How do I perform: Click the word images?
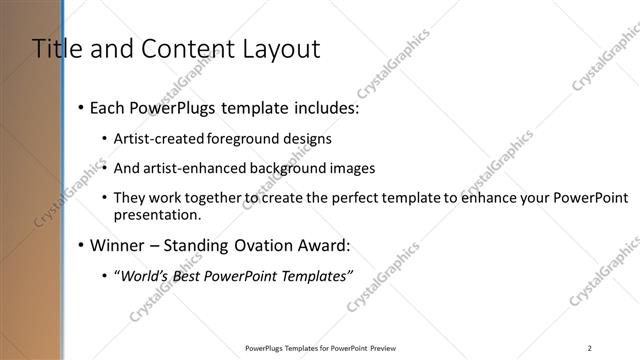[335, 168]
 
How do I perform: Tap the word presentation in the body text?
[158, 215]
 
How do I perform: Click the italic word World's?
[145, 276]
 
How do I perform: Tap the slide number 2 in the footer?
[590, 348]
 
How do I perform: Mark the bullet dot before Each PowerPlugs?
[80, 107]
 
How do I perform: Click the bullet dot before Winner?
[80, 245]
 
